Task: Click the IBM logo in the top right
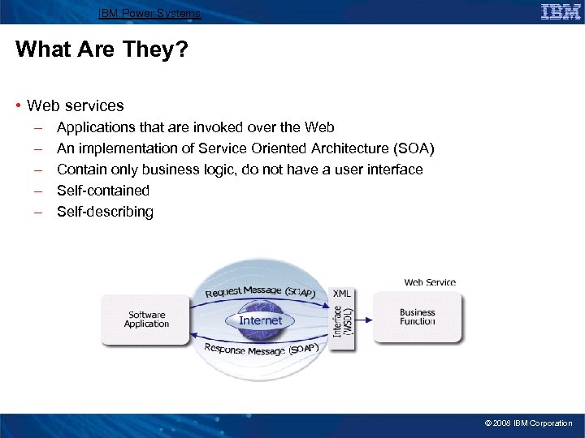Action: click(x=561, y=11)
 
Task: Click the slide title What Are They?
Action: click(x=102, y=49)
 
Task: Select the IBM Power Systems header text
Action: click(x=149, y=13)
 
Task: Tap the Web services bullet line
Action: click(x=75, y=105)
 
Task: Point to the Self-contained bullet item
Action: click(x=103, y=191)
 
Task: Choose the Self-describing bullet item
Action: click(x=105, y=212)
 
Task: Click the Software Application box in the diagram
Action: click(x=146, y=320)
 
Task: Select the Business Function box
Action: click(x=418, y=317)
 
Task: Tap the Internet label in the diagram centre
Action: click(x=260, y=320)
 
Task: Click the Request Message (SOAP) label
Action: click(x=260, y=291)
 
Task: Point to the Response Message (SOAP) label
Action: click(x=260, y=349)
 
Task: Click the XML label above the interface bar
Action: click(x=342, y=293)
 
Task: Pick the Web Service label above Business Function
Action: click(x=430, y=282)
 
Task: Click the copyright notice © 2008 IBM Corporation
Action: click(x=528, y=423)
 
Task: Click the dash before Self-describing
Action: click(x=37, y=212)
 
